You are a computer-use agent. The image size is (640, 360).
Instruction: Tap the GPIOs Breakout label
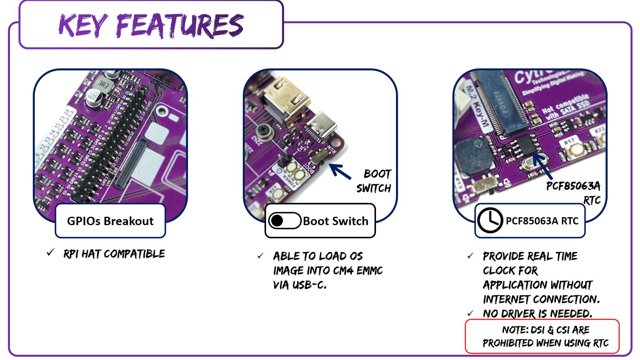tap(110, 221)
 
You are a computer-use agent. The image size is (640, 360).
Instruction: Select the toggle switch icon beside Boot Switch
tap(284, 221)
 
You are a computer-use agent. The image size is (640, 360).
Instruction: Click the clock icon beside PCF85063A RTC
tap(490, 220)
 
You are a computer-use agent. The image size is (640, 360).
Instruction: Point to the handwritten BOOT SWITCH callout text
tap(374, 181)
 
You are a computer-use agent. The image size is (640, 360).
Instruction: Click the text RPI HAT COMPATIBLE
tap(114, 254)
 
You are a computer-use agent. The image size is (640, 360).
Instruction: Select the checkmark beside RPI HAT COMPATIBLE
tap(50, 253)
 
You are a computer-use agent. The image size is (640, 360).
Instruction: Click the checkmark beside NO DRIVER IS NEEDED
tap(470, 313)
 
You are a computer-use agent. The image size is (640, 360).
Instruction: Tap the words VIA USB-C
tap(300, 285)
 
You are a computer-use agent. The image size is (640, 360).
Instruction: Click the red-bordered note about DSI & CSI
tap(542, 336)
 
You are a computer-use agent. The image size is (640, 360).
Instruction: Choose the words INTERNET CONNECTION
tap(541, 299)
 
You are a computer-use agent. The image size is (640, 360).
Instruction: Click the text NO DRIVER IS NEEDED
tap(537, 314)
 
